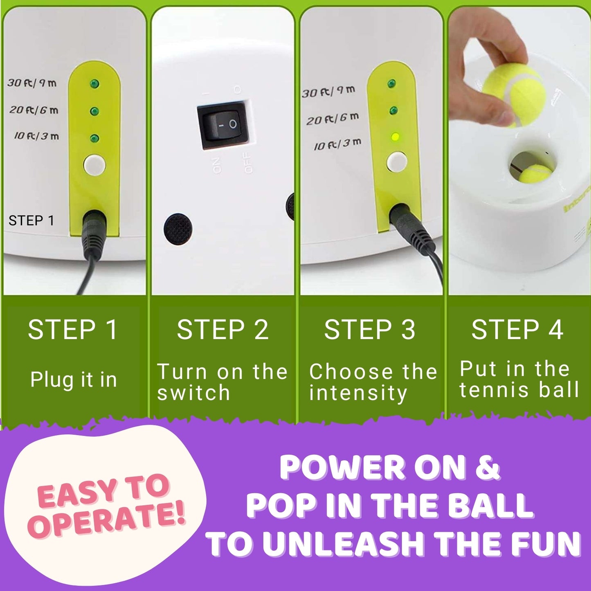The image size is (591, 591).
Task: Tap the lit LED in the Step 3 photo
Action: [x=395, y=137]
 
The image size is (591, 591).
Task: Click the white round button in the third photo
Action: [x=396, y=161]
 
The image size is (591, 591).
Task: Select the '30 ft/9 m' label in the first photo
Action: [x=32, y=83]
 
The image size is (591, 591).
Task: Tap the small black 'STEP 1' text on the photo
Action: [x=31, y=221]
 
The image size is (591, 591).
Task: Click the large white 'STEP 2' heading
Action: [x=222, y=330]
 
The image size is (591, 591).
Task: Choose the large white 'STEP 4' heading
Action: [x=517, y=330]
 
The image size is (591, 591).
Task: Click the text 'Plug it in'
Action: [x=74, y=380]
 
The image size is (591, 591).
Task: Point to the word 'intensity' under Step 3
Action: [x=358, y=393]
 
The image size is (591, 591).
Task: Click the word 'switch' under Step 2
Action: [x=193, y=393]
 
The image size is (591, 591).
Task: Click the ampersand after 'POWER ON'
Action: [x=488, y=467]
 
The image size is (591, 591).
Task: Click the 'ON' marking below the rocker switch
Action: [x=217, y=164]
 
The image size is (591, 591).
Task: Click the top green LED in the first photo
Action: [x=94, y=84]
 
